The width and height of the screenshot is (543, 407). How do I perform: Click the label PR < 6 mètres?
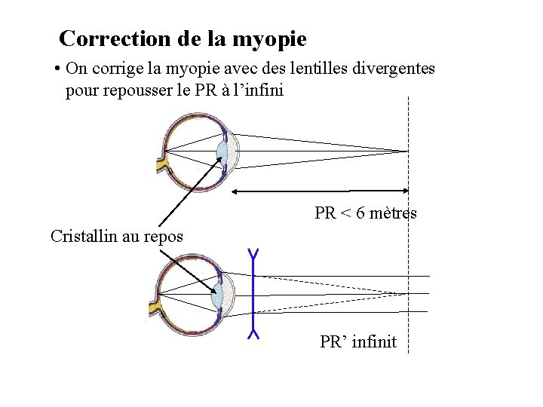point(366,213)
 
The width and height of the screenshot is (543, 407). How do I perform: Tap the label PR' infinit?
point(358,342)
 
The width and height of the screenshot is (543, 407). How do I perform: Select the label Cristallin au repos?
point(117,237)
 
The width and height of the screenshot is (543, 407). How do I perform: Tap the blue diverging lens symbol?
point(253,294)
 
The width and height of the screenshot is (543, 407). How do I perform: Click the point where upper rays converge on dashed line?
point(408,151)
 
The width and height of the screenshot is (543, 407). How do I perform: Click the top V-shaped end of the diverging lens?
point(253,253)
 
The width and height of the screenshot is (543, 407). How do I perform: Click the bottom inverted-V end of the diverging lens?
point(253,335)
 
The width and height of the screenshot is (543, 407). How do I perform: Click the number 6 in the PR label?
point(360,213)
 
